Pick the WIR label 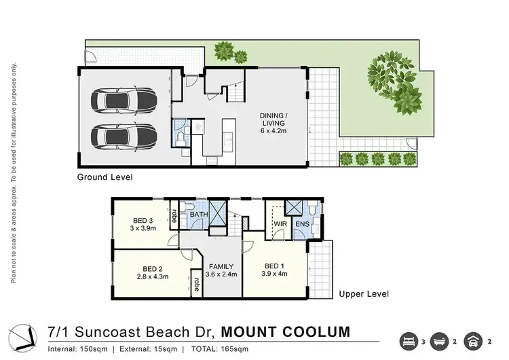click(x=281, y=223)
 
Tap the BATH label click(x=199, y=215)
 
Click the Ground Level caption click(x=104, y=177)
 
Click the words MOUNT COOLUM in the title click(x=285, y=332)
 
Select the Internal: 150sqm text click(x=80, y=349)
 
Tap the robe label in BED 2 click(x=196, y=285)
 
